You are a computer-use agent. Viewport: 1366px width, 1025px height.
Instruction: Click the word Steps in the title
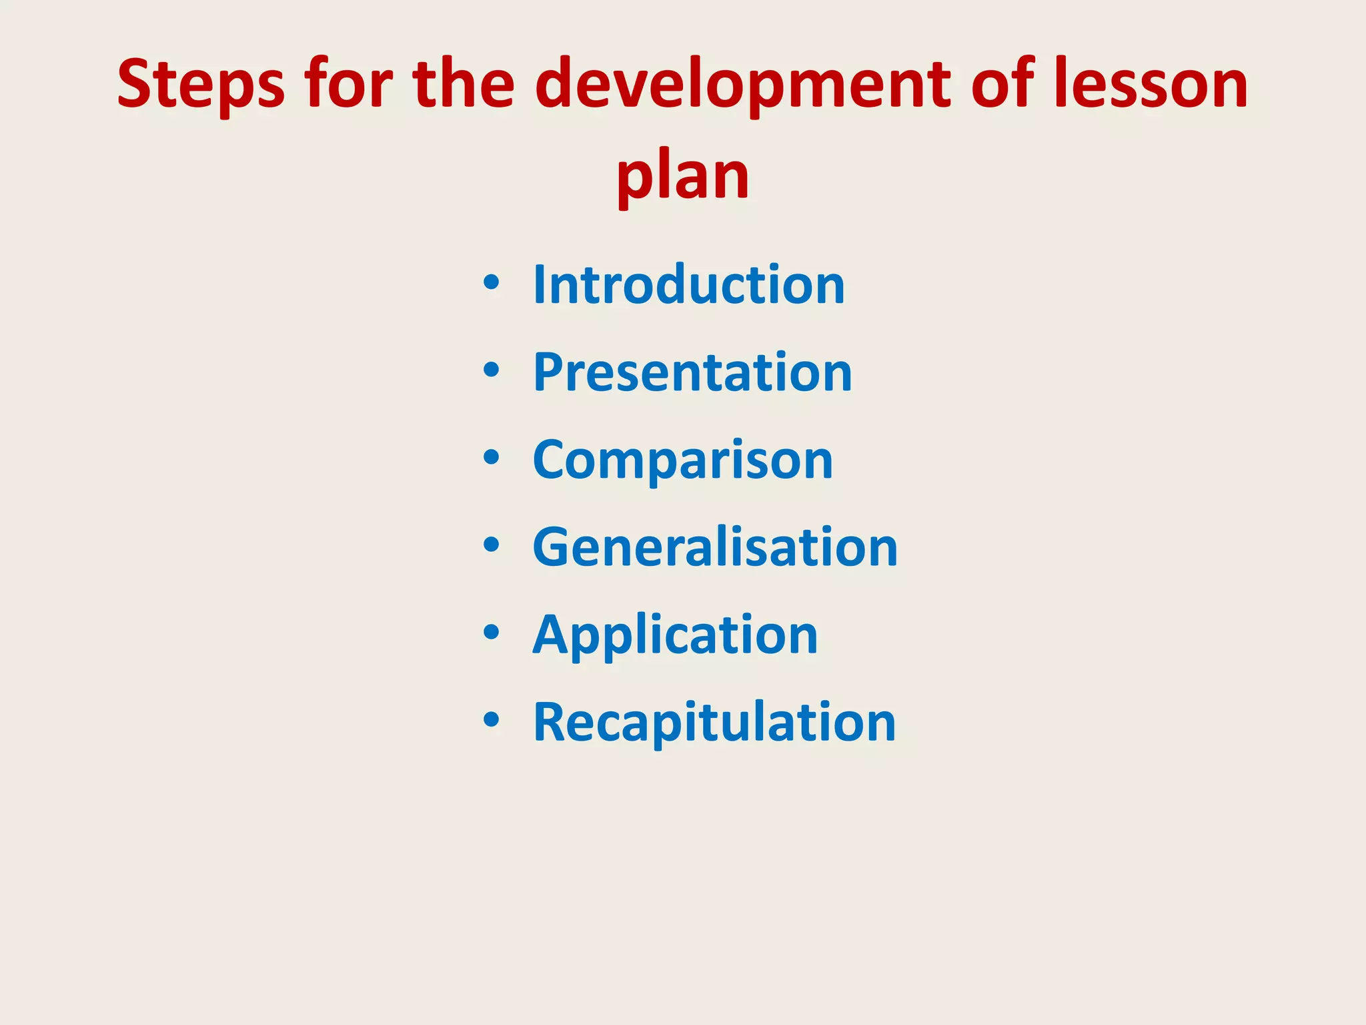point(201,85)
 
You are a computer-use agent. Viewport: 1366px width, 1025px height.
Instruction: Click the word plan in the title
point(683,176)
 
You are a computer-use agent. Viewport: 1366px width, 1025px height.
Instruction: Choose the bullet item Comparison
point(683,460)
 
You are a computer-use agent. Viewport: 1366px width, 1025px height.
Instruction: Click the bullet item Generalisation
point(715,547)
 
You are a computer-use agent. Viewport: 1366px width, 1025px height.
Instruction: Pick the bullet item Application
point(675,635)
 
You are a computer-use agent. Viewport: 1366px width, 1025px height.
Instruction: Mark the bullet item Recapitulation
point(714,722)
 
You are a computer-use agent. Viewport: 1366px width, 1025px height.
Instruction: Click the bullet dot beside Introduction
point(492,283)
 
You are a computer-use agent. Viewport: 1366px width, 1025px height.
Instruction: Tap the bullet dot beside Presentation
point(492,370)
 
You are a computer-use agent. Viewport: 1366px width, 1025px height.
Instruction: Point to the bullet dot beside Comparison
point(492,458)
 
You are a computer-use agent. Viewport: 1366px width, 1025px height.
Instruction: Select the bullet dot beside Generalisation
point(492,545)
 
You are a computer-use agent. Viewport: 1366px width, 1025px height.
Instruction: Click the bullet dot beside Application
point(492,633)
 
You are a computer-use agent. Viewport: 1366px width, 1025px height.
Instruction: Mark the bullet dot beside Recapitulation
point(492,720)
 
